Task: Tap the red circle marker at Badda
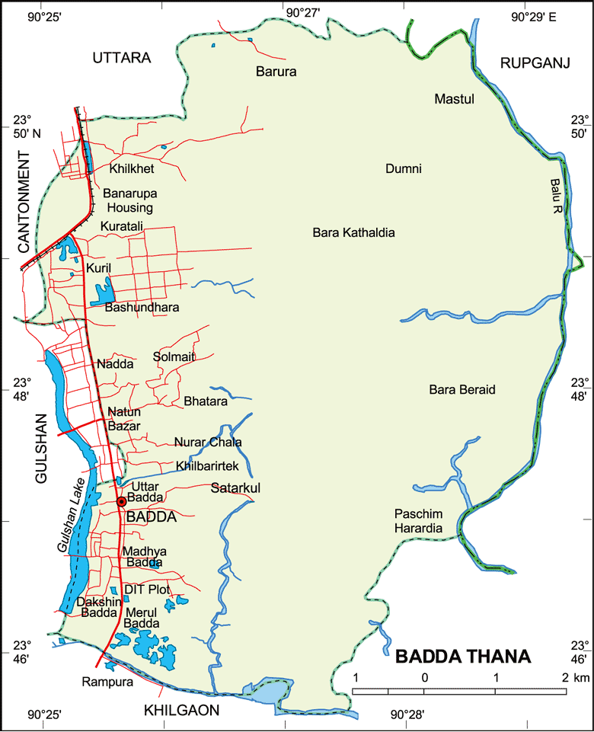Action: (121, 501)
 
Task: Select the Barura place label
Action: (276, 72)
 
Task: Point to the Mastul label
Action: (454, 99)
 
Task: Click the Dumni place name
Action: (404, 169)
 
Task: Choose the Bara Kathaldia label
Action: (353, 232)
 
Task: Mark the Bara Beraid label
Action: (462, 390)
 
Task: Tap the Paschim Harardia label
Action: (418, 520)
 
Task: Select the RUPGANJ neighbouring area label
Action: (535, 64)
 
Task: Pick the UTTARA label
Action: (122, 58)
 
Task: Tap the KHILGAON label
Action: (181, 711)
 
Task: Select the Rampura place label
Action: (107, 682)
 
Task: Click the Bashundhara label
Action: (142, 308)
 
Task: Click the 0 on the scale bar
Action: (424, 678)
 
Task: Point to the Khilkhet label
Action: (132, 168)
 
